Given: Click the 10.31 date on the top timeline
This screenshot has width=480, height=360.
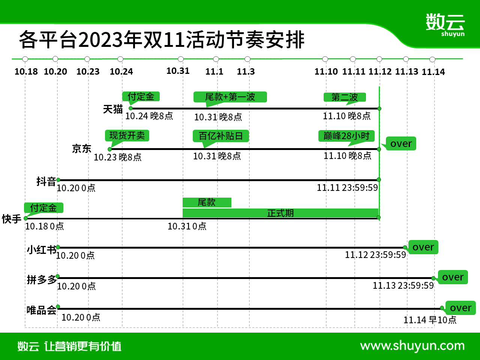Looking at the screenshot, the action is [x=178, y=71].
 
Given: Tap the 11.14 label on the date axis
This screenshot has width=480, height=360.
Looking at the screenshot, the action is [x=433, y=72].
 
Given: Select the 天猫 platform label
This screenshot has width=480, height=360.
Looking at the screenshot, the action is [x=113, y=109].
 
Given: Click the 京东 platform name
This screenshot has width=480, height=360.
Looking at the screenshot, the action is [x=82, y=149].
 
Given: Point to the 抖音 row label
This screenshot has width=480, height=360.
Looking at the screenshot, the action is [x=46, y=181].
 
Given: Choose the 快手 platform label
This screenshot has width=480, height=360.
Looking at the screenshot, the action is [x=12, y=219].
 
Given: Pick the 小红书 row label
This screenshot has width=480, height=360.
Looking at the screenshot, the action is [x=42, y=250].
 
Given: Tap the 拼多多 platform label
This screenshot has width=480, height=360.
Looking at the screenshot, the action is [x=42, y=280].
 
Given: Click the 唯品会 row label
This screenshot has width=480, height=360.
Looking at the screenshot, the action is [x=42, y=310].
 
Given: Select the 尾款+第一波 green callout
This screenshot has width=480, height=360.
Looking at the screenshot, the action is [x=230, y=97].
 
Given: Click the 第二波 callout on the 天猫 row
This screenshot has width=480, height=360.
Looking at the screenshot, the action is [x=345, y=97].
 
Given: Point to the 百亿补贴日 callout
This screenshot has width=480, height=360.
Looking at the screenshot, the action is [x=221, y=136].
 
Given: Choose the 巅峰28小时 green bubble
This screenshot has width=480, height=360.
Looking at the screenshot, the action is [x=346, y=136].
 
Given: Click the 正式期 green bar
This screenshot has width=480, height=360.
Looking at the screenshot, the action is [x=280, y=213].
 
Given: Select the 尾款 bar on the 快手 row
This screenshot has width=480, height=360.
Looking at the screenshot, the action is [x=207, y=202].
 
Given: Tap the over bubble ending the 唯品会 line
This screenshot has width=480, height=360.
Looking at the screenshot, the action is [x=460, y=308].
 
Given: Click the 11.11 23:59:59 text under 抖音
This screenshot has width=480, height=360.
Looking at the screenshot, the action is [x=347, y=187].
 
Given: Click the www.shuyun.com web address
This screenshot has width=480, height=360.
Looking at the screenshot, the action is [x=412, y=346].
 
